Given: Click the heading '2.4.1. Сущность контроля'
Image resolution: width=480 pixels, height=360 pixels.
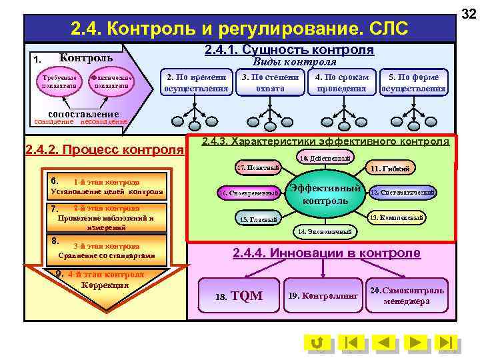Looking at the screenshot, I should [x=289, y=50].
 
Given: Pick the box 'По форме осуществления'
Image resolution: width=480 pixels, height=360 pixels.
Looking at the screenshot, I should [x=413, y=82].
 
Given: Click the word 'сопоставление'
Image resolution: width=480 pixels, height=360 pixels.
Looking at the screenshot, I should [x=83, y=113].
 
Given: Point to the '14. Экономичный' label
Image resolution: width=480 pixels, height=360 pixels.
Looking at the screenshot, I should [x=327, y=231].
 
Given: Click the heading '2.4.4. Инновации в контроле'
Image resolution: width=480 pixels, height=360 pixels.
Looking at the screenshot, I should [x=326, y=253].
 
